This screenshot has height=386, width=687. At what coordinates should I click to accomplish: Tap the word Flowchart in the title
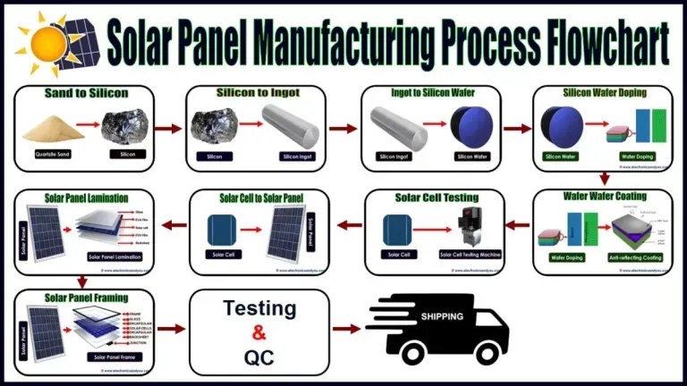click(604, 39)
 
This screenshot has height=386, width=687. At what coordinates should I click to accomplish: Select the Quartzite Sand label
click(52, 155)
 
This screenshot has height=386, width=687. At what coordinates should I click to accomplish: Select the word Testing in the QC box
click(259, 309)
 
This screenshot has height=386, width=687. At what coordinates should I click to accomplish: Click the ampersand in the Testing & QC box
click(259, 334)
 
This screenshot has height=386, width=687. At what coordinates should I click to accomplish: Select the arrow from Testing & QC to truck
click(346, 329)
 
